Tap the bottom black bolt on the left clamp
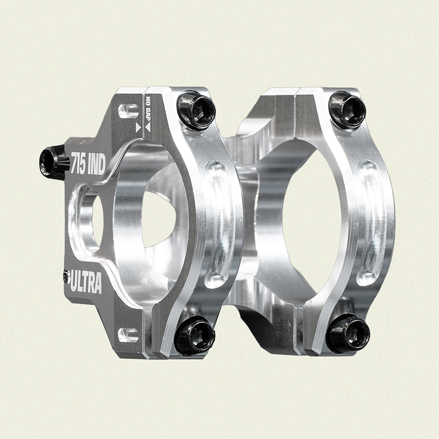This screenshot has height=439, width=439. click(x=195, y=335)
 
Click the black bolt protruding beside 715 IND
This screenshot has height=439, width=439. click(x=54, y=162)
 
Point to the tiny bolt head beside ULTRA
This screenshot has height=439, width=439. click(x=66, y=276)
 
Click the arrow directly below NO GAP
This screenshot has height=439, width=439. click(x=148, y=127)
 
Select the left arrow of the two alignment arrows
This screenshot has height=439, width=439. click(x=138, y=128)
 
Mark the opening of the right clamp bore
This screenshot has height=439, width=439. click(x=311, y=219)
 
